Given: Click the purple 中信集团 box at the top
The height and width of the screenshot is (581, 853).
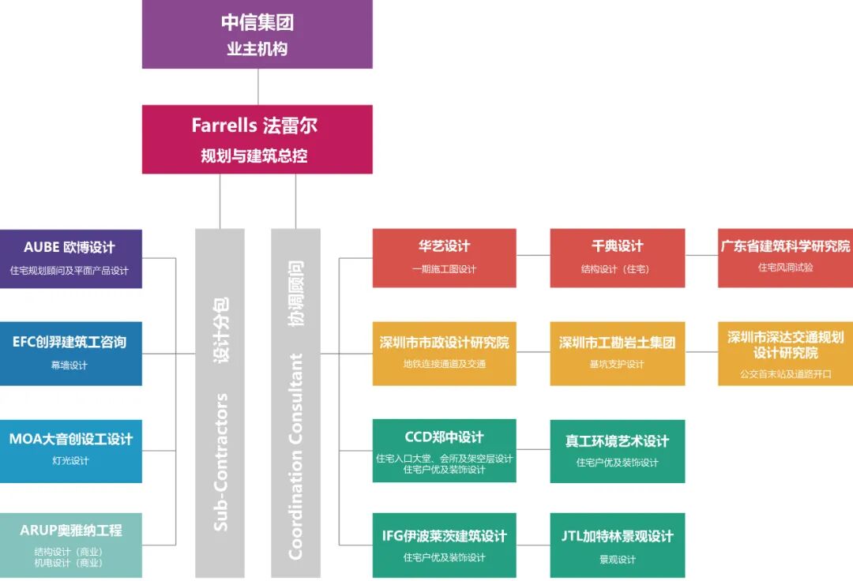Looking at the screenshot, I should (x=257, y=34).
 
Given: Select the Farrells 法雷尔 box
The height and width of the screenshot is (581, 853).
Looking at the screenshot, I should (x=257, y=139).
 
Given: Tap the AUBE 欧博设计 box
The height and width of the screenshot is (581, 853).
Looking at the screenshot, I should (x=70, y=258).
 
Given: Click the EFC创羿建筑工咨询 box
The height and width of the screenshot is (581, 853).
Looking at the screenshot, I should (x=70, y=353).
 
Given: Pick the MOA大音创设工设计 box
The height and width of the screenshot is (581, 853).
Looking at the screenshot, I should (x=70, y=450).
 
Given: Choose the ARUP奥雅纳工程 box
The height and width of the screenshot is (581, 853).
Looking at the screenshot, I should (x=70, y=545).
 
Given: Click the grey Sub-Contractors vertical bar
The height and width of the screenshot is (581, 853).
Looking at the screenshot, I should (x=220, y=403).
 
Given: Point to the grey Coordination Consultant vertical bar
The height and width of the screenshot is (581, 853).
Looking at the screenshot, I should (x=295, y=403).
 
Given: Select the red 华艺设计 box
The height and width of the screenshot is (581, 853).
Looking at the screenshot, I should (x=444, y=257).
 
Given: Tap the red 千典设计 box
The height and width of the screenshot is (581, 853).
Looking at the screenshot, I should (x=617, y=257).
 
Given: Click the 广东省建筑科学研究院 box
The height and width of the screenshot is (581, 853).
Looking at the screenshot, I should (x=785, y=257).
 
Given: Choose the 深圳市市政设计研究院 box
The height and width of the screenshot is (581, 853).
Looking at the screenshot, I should (x=444, y=353).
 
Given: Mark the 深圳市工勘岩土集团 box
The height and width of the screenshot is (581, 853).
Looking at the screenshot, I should (x=617, y=353).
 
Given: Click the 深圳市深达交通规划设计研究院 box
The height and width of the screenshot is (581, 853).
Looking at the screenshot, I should (x=785, y=353).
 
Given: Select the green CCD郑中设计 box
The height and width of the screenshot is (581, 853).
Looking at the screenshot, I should (x=444, y=450).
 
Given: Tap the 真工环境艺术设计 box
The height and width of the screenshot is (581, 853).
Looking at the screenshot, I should (x=617, y=450).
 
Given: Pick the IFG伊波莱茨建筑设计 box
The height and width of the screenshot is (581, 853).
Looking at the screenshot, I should (x=444, y=545).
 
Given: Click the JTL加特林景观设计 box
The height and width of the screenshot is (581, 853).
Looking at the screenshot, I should (x=617, y=545).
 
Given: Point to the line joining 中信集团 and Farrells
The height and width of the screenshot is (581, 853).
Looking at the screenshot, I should (x=258, y=87).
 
